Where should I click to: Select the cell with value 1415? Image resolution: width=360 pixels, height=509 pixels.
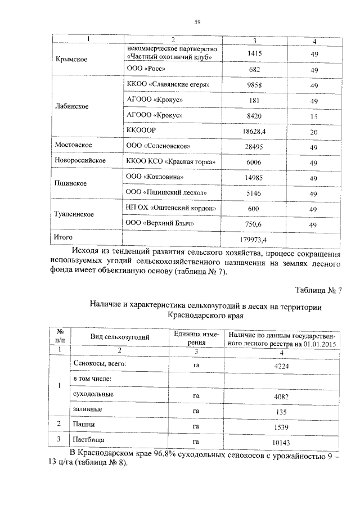coord(255,53)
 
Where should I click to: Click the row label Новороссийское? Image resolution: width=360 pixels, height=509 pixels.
coord(80,161)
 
